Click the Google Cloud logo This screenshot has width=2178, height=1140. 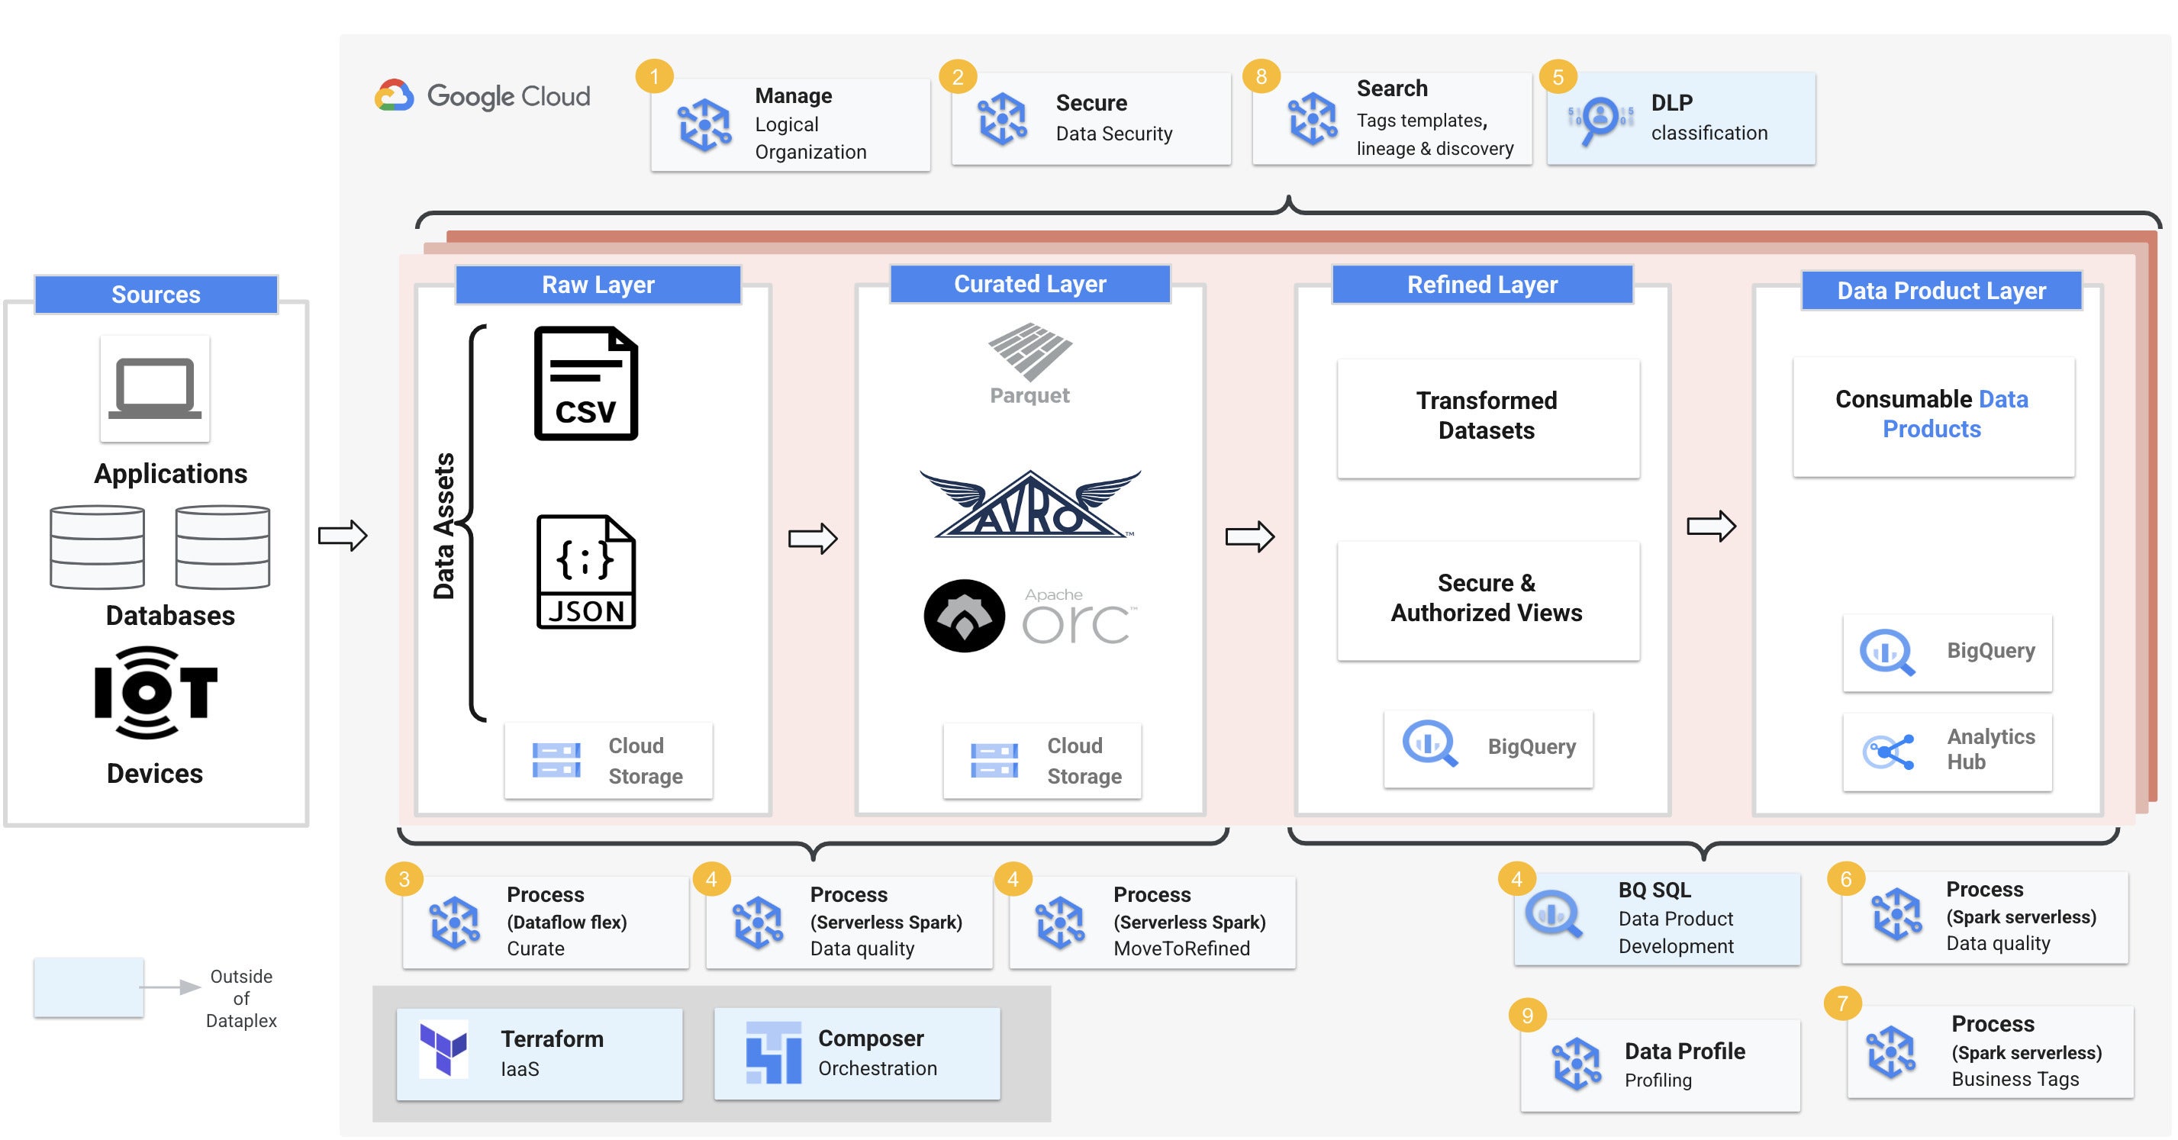(x=483, y=95)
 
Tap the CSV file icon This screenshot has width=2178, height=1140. (x=586, y=383)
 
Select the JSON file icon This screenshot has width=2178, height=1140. (x=586, y=572)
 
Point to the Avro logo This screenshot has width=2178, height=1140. (x=1029, y=504)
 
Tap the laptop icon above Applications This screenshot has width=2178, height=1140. (x=155, y=388)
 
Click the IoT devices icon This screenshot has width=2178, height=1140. (x=156, y=693)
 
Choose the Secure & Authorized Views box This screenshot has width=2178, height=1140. (x=1488, y=600)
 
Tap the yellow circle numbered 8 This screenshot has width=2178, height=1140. (x=1261, y=77)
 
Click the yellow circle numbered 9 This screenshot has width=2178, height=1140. (x=1527, y=1015)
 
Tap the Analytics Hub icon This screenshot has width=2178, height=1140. (x=1889, y=752)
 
